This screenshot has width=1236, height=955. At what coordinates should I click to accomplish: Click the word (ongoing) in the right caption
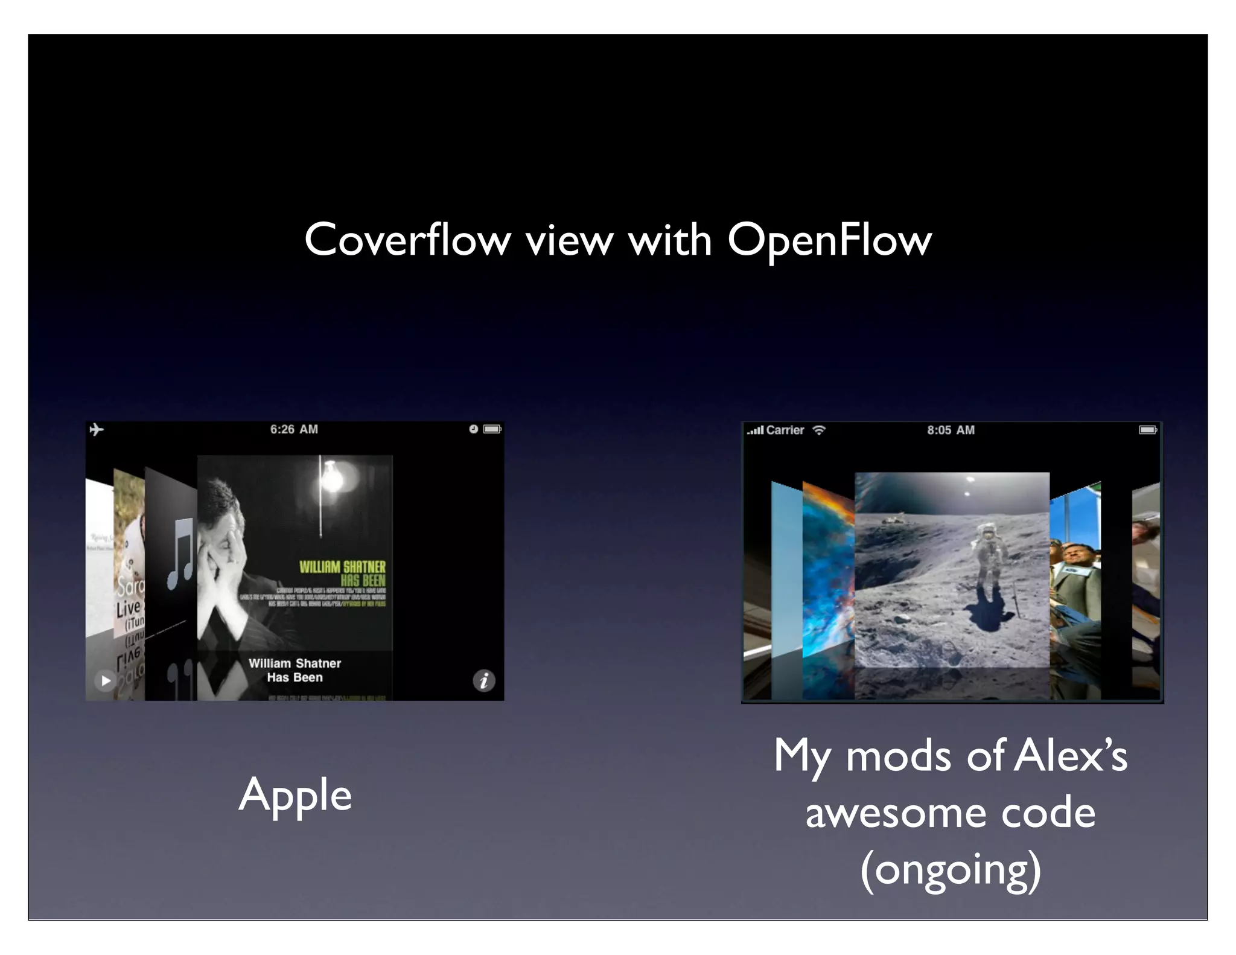pyautogui.click(x=951, y=870)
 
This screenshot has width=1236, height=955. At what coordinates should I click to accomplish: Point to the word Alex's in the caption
pyautogui.click(x=1070, y=756)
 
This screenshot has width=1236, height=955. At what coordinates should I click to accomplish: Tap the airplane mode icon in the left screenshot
pyautogui.click(x=97, y=429)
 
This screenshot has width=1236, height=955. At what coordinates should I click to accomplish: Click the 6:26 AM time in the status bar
pyautogui.click(x=294, y=429)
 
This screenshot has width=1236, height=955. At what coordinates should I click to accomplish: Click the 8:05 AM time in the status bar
pyautogui.click(x=951, y=430)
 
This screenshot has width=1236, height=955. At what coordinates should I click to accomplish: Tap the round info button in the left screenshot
pyautogui.click(x=483, y=681)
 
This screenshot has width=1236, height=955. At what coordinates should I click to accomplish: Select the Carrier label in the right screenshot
pyautogui.click(x=785, y=430)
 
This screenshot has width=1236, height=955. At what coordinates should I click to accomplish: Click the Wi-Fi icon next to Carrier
pyautogui.click(x=819, y=430)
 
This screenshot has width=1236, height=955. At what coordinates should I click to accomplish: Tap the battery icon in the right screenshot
pyautogui.click(x=1147, y=430)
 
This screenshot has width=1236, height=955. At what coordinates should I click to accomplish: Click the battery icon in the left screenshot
pyautogui.click(x=492, y=429)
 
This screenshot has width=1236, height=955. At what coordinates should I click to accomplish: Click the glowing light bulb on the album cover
pyautogui.click(x=331, y=477)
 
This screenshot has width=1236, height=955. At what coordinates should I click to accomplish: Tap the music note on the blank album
pyautogui.click(x=179, y=554)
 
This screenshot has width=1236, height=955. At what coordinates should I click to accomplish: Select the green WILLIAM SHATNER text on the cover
pyautogui.click(x=342, y=567)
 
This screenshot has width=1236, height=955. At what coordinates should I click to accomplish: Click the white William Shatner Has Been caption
pyautogui.click(x=295, y=670)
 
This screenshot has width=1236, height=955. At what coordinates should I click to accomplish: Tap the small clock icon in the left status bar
pyautogui.click(x=474, y=429)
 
